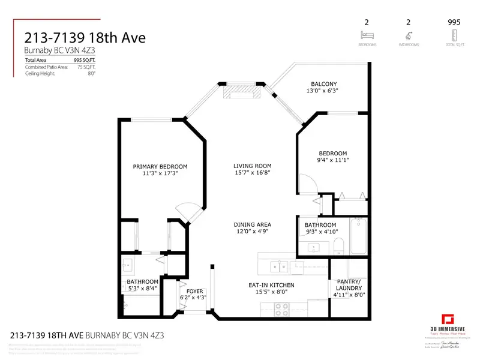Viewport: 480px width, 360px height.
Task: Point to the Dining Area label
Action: [x=253, y=225]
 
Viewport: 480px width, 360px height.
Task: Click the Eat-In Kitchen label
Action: [x=272, y=286]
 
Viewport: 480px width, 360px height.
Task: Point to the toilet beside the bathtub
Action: [x=338, y=245]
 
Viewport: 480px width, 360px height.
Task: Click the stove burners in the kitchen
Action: [x=281, y=309]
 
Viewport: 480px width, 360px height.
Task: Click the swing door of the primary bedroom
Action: [x=185, y=211]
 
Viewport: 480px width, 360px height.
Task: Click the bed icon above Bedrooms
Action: [x=366, y=35]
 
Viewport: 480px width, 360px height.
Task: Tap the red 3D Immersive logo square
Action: [x=446, y=319]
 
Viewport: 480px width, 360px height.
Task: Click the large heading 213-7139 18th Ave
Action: [x=85, y=38]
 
